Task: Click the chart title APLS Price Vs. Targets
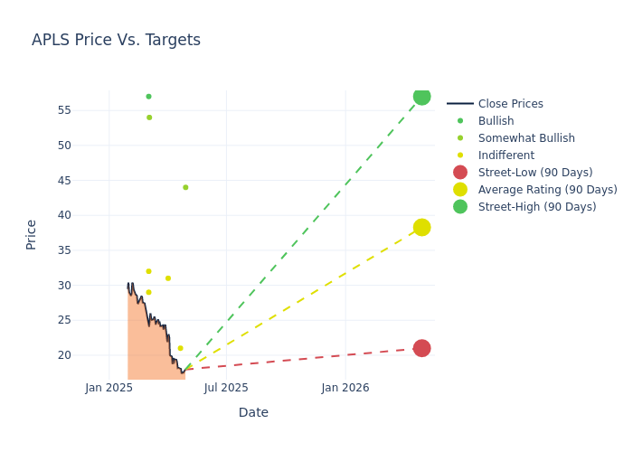click(x=116, y=40)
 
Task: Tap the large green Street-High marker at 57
click(x=421, y=97)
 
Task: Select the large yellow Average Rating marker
click(x=421, y=227)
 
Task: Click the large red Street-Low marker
click(x=421, y=348)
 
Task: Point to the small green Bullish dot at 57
click(x=148, y=97)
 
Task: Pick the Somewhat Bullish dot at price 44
click(x=185, y=187)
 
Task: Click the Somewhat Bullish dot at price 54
click(x=149, y=118)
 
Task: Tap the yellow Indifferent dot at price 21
click(x=180, y=348)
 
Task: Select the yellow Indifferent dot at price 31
click(x=168, y=278)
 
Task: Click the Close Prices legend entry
click(x=510, y=104)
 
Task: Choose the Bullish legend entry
click(x=496, y=121)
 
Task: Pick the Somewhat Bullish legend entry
click(x=526, y=138)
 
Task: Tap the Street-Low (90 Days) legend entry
click(x=534, y=173)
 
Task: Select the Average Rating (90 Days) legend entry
click(x=547, y=190)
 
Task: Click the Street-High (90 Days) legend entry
click(x=537, y=207)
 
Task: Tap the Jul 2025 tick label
click(x=226, y=388)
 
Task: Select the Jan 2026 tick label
click(x=345, y=388)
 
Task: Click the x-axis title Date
click(x=253, y=412)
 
